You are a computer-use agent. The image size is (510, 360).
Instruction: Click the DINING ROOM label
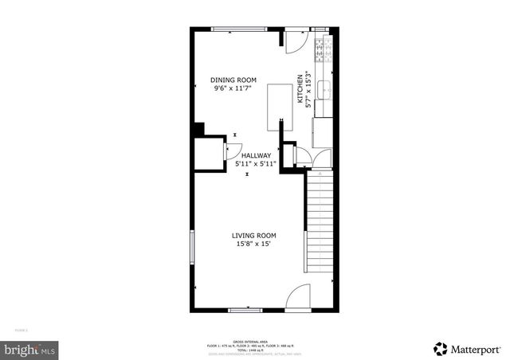pyautogui.click(x=233, y=80)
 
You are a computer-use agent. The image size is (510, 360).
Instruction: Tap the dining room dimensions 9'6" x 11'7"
pyautogui.click(x=233, y=88)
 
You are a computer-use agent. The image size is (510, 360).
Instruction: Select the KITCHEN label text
pyautogui.click(x=300, y=89)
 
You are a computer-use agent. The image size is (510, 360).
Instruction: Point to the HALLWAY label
pyautogui.click(x=257, y=155)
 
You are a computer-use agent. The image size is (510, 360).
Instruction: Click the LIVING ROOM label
pyautogui.click(x=254, y=235)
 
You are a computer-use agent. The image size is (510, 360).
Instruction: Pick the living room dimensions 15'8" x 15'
pyautogui.click(x=254, y=245)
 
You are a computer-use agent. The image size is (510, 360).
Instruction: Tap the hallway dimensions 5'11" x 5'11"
pyautogui.click(x=250, y=164)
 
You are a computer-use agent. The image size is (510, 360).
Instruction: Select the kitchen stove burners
pyautogui.click(x=323, y=50)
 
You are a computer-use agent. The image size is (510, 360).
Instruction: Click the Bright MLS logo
pyautogui.click(x=29, y=349)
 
